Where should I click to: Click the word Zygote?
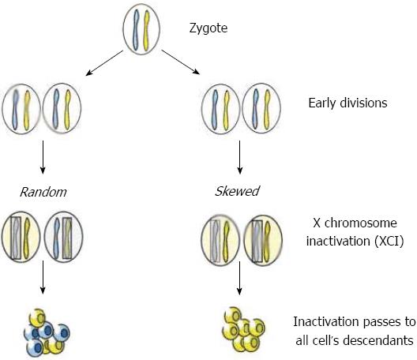click(208, 28)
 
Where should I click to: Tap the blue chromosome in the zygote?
click(136, 30)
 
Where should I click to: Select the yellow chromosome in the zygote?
click(146, 30)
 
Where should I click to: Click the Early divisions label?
click(347, 103)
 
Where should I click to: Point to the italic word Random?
click(43, 192)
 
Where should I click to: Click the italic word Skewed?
click(237, 191)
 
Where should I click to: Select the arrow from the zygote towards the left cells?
click(104, 63)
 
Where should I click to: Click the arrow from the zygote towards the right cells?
click(180, 62)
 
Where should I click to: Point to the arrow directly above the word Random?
click(43, 157)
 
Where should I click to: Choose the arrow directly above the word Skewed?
click(239, 157)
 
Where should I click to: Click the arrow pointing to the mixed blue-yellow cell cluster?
click(43, 277)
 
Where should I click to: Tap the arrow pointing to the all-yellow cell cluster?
click(239, 278)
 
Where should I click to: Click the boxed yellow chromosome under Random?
click(67, 238)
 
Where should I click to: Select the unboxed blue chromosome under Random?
click(56, 238)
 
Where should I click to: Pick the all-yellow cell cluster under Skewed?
click(243, 329)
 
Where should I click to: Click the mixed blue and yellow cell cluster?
click(47, 332)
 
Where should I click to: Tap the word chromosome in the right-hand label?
click(361, 223)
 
